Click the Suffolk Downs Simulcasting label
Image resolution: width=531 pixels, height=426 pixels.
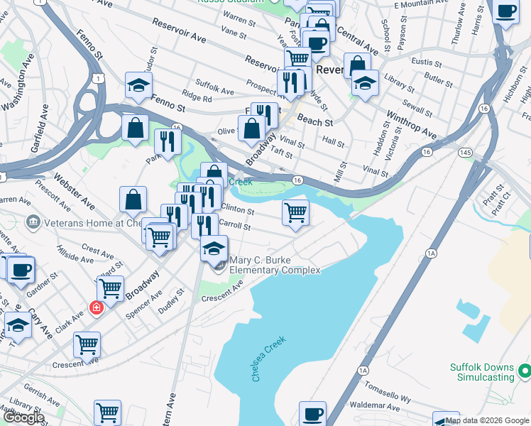pyautogui.click(x=482, y=372)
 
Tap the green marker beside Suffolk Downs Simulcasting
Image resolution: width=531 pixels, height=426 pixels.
pyautogui.click(x=524, y=371)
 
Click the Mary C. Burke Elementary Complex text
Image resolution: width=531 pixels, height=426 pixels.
pyautogui.click(x=275, y=265)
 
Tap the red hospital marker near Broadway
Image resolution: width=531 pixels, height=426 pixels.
pyautogui.click(x=96, y=307)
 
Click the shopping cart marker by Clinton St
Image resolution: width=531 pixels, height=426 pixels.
pyautogui.click(x=295, y=212)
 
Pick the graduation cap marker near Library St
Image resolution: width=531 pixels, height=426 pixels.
pyautogui.click(x=365, y=83)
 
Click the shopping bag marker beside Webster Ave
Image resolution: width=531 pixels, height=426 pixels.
pyautogui.click(x=133, y=200)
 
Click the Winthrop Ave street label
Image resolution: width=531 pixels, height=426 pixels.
pyautogui.click(x=411, y=124)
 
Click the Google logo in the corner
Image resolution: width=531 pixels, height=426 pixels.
pyautogui.click(x=23, y=417)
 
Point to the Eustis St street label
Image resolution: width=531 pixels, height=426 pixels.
pyautogui.click(x=426, y=62)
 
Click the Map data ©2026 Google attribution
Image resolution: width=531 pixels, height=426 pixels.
pyautogui.click(x=488, y=421)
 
